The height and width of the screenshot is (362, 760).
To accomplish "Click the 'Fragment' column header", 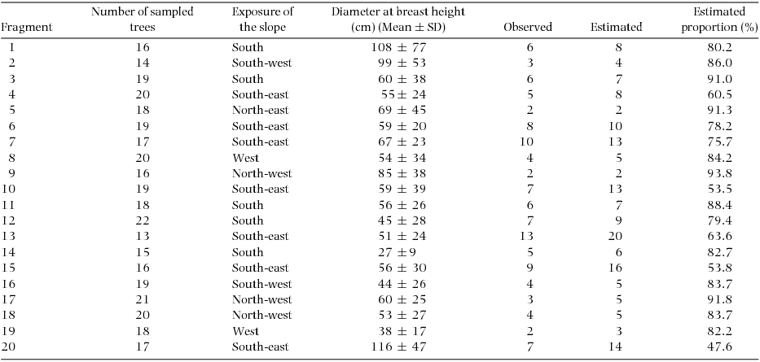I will coord(28,27).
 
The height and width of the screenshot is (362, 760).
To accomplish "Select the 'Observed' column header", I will coord(528,27).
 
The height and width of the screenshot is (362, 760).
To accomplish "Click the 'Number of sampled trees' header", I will coord(139,20).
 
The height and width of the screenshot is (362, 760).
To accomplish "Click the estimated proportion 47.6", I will coord(719,347).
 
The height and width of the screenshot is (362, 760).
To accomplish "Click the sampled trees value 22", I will coord(139,221).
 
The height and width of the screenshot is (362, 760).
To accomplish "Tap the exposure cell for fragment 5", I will coord(259,111).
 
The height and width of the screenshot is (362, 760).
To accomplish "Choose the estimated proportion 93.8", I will coord(719,173).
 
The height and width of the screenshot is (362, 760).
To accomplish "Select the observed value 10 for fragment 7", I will coord(529,142).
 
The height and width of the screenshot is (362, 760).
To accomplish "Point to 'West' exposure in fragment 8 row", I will coord(245,158).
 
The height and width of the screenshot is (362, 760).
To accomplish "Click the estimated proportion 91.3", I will coord(719,111).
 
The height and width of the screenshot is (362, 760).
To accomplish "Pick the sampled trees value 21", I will coord(139,300).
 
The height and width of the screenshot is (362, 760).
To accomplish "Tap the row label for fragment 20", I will coord(11,347).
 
